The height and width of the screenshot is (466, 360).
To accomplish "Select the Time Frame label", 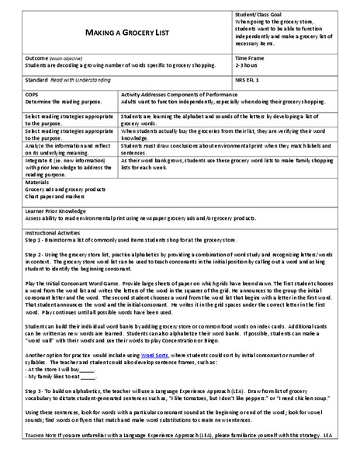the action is click(x=251, y=57).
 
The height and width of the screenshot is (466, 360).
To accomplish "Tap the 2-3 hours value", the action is click(x=248, y=65).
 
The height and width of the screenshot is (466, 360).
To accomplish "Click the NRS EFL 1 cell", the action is click(x=248, y=79).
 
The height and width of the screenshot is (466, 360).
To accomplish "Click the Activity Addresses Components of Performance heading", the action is click(x=184, y=92).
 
